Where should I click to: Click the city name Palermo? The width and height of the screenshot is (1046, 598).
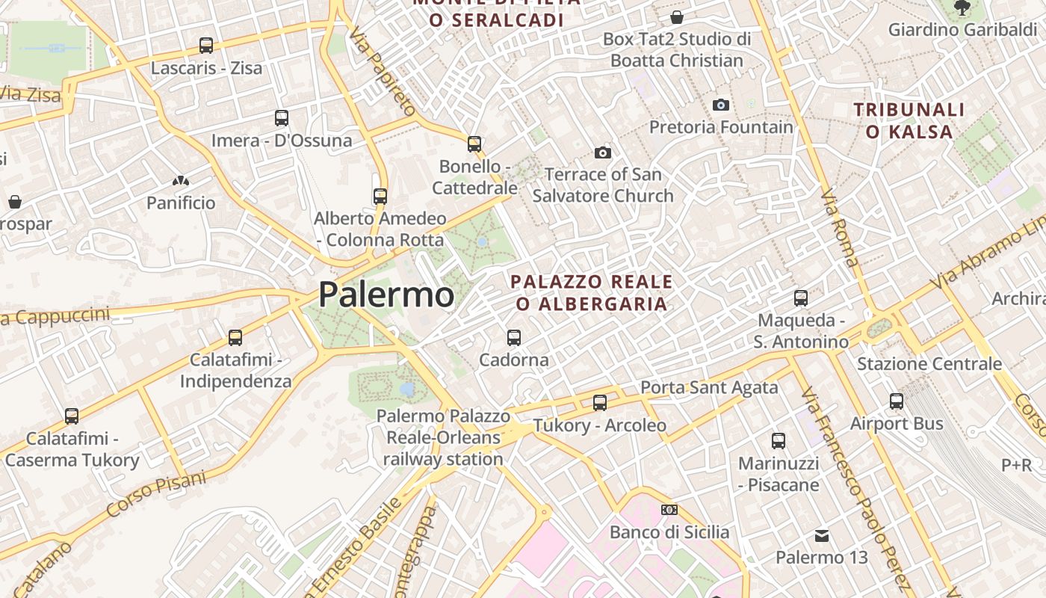tap(386, 295)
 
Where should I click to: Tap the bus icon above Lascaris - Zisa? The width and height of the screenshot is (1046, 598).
tap(206, 46)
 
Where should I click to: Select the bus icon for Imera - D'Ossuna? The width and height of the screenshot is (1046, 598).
tap(282, 118)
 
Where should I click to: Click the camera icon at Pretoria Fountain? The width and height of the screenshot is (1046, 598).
tap(721, 105)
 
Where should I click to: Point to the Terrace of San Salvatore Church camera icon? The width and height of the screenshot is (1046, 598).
tap(603, 153)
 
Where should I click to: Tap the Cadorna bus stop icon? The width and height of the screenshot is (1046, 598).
tap(514, 338)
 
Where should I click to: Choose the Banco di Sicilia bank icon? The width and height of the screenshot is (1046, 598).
tap(669, 510)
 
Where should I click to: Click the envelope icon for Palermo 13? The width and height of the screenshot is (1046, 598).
tap(822, 536)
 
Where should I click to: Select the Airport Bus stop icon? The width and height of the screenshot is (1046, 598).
tap(897, 401)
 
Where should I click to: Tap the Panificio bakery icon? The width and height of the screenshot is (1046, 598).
tap(180, 181)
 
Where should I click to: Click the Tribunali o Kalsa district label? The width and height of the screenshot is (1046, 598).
tap(909, 120)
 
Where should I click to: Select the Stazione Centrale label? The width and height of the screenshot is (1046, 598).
tap(929, 364)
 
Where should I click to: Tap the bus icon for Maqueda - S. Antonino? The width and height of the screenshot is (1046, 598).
tap(801, 298)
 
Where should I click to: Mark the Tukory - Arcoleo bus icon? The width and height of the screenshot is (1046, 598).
tap(599, 403)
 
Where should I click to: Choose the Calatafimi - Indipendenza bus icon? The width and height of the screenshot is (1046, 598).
tap(235, 338)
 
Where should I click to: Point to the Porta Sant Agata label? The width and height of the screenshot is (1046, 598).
tap(709, 387)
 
